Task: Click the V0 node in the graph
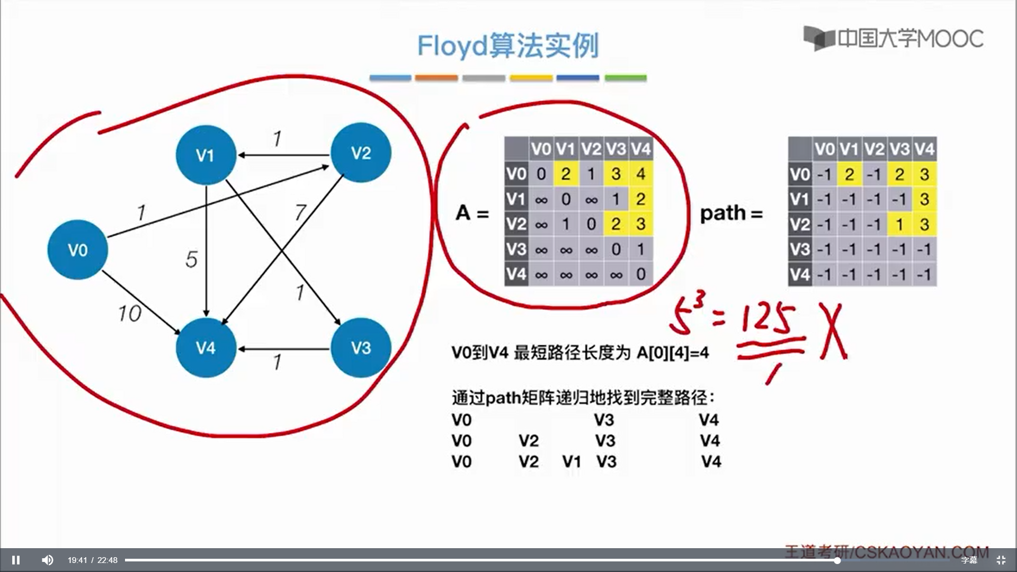pos(78,249)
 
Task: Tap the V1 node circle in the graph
pos(206,155)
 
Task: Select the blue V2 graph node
pos(361,153)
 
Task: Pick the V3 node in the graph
pos(361,348)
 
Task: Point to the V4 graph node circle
pos(206,348)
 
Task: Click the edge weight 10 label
pos(130,314)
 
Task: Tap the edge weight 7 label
pos(300,212)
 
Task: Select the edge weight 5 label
pos(191,260)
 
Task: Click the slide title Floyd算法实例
pos(507,46)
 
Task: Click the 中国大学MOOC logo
pos(893,38)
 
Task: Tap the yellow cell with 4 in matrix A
pos(641,174)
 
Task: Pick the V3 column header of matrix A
pos(616,149)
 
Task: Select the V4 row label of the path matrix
pos(800,274)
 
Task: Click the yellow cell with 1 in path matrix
pos(899,225)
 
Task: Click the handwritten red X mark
pos(833,332)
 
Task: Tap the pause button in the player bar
pos(16,560)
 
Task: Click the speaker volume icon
pos(47,560)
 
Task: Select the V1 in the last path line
pos(572,462)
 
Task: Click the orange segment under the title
pos(436,78)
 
